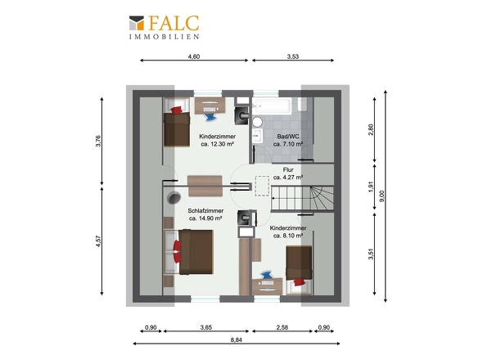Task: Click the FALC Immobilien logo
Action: coord(164,27)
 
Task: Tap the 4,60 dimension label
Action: coord(194,56)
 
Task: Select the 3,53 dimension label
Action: coord(292,56)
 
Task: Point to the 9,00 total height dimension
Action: coord(381,196)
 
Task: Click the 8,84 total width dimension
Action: coord(237,340)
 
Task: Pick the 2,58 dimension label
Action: coord(282,327)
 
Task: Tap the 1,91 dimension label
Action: coord(371,187)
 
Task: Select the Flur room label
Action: coord(288,169)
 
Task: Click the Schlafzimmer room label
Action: coord(205,211)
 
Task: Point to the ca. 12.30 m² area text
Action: coord(217,144)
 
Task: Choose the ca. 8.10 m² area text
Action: coord(288,236)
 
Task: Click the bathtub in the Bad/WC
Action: coord(272,106)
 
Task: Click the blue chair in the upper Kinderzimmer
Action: coord(210,118)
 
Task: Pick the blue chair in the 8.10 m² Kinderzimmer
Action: coord(266,275)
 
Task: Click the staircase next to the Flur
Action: coord(302,199)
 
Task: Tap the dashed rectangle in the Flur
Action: coord(262,186)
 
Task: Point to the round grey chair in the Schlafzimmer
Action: coord(174,198)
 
